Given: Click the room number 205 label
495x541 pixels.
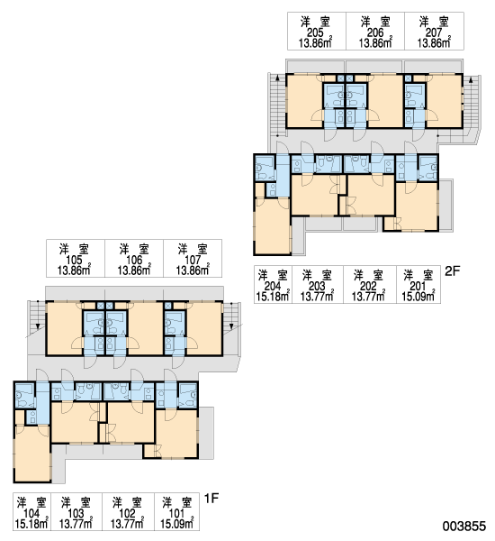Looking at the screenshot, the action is pos(315,32).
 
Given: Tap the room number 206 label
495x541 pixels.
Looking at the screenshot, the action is pos(375,32).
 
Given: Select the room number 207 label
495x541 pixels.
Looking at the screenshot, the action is pos(434,32).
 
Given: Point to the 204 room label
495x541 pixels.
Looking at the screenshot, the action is pos(273,287).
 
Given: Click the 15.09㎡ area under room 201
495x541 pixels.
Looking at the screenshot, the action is pos(418,297).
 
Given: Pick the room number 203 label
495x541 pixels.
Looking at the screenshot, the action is pos(317,287).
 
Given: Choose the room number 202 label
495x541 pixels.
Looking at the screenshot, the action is pos(368,287).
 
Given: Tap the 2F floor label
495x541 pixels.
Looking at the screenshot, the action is pos(453,271).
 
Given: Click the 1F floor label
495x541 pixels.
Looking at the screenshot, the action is pos(211,499).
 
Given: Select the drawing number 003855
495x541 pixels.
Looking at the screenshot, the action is pos(464,527).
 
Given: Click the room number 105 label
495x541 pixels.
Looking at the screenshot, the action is pos(74,261).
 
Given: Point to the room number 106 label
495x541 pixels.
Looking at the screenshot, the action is pos(134,261).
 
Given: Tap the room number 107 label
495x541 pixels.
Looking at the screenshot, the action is pos(193,261).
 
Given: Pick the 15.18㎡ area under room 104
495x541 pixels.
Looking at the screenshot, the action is pos(31,524).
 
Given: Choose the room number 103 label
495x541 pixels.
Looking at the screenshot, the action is pos(76,514).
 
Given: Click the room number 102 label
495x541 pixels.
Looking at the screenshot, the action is pos(127,514).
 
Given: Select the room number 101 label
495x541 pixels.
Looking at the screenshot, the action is pos(177,514).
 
